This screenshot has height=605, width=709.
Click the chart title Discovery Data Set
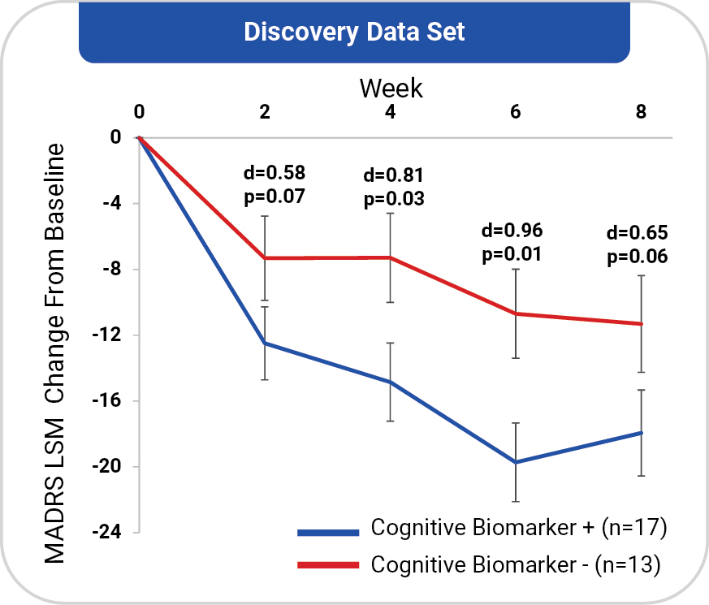[354, 32]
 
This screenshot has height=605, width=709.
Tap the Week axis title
[391, 88]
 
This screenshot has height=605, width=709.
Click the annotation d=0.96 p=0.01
[512, 240]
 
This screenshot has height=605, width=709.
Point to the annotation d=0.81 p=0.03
[395, 186]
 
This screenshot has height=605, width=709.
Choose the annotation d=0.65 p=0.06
[637, 245]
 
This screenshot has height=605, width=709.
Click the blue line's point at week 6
[516, 462]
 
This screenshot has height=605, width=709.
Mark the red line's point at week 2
[265, 258]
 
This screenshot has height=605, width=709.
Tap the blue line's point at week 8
[642, 433]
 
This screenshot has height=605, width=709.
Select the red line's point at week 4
[391, 257]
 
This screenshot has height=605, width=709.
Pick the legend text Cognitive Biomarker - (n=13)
[517, 564]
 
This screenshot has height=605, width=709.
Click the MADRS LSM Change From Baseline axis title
[55, 353]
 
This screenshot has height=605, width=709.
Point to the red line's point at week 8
[642, 323]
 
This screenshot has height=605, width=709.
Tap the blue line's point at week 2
[265, 344]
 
